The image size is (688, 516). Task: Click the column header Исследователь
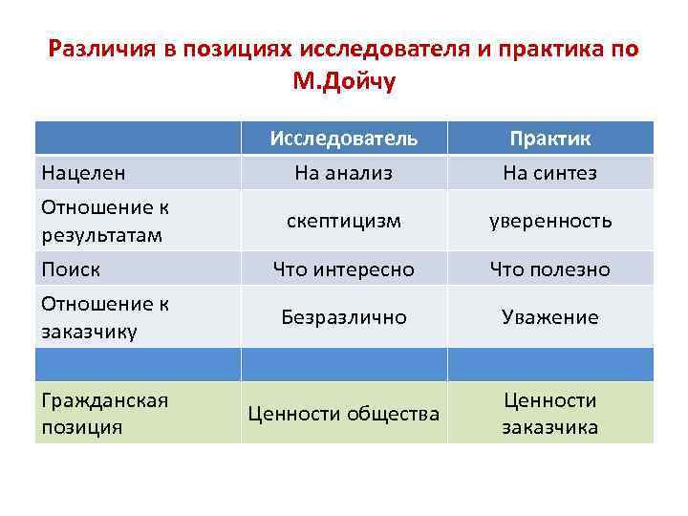(x=343, y=139)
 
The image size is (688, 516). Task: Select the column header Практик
(x=550, y=139)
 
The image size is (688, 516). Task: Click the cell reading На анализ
(x=343, y=173)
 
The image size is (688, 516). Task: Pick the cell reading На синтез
(x=550, y=173)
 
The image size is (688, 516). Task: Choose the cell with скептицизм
(x=343, y=221)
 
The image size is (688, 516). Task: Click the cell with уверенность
(x=550, y=221)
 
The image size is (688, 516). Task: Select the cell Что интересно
(x=343, y=269)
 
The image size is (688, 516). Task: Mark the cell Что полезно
(x=550, y=269)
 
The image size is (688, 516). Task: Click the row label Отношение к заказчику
(x=104, y=317)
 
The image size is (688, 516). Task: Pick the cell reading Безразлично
(x=343, y=317)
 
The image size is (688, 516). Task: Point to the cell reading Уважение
(x=550, y=317)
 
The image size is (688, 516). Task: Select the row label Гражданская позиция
(x=104, y=413)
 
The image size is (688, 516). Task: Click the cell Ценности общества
(x=343, y=413)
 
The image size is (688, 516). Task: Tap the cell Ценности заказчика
(x=550, y=413)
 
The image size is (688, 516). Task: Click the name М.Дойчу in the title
(x=343, y=82)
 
